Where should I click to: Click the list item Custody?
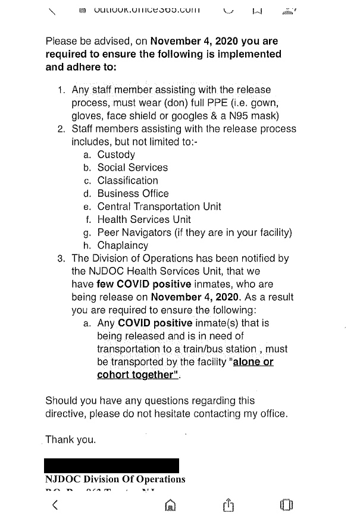pyautogui.click(x=116, y=155)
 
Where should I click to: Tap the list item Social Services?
pyautogui.click(x=133, y=168)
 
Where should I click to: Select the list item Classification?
pyautogui.click(x=128, y=181)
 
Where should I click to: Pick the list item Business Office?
pyautogui.click(x=133, y=194)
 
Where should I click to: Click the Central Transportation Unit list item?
pyautogui.click(x=159, y=207)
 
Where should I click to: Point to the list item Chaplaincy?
pyautogui.click(x=123, y=246)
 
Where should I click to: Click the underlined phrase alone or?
pyautogui.click(x=253, y=362)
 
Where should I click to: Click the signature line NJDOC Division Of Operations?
pyautogui.click(x=115, y=479)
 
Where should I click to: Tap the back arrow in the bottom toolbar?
pyautogui.click(x=55, y=506)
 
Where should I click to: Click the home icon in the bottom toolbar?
pyautogui.click(x=170, y=506)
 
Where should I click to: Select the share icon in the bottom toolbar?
pyautogui.click(x=227, y=506)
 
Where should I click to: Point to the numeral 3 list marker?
pyautogui.click(x=61, y=259)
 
